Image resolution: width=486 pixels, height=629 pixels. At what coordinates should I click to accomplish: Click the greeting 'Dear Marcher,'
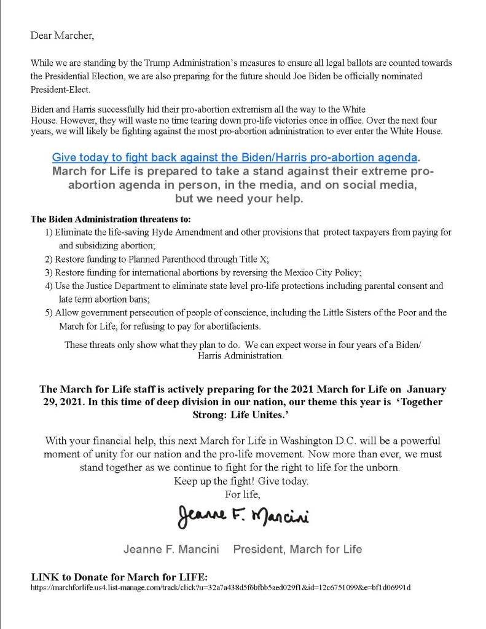(62, 35)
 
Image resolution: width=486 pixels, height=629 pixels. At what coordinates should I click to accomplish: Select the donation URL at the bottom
(221, 587)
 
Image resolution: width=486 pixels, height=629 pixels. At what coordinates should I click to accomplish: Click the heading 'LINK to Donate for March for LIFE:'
(119, 577)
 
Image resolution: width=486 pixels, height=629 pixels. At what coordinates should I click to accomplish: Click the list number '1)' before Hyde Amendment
(49, 232)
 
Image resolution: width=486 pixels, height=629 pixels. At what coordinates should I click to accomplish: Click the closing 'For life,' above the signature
(243, 493)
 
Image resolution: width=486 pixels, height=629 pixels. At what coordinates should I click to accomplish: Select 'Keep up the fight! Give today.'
(241, 480)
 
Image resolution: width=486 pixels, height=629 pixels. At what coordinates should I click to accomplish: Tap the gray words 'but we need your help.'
(243, 200)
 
